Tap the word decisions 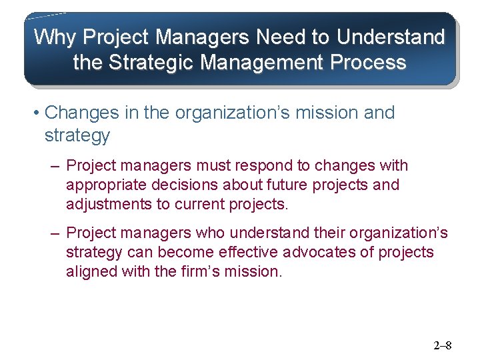tap(176, 185)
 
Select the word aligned tap(88, 272)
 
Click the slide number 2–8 tap(443, 345)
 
